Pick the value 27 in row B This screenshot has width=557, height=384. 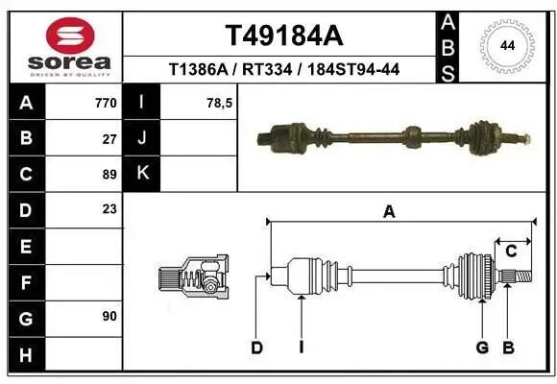(109, 138)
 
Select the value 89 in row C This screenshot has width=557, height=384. (109, 174)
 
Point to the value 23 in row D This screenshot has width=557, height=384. (109, 209)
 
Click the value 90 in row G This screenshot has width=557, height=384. (109, 316)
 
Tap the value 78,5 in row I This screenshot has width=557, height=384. (220, 103)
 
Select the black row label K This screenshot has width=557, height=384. (142, 174)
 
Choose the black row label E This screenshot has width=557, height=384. (25, 246)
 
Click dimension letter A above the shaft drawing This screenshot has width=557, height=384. (389, 212)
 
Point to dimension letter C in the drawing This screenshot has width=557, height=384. (512, 251)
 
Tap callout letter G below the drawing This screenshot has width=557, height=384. (482, 348)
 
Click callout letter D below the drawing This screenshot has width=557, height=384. (256, 348)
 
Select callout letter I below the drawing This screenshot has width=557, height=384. (301, 348)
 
